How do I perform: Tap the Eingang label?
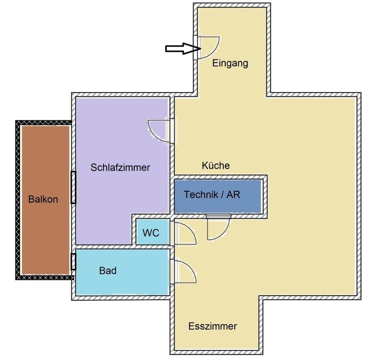coord(230,63)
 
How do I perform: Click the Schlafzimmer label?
coord(120,168)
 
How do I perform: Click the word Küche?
coord(216,166)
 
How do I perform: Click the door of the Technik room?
coord(218,227)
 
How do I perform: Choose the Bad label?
coord(108,271)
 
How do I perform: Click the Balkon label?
coord(43,199)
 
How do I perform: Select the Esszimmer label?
coord(213,326)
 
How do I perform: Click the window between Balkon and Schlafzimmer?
coord(73,187)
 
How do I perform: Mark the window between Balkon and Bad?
coord(73,261)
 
